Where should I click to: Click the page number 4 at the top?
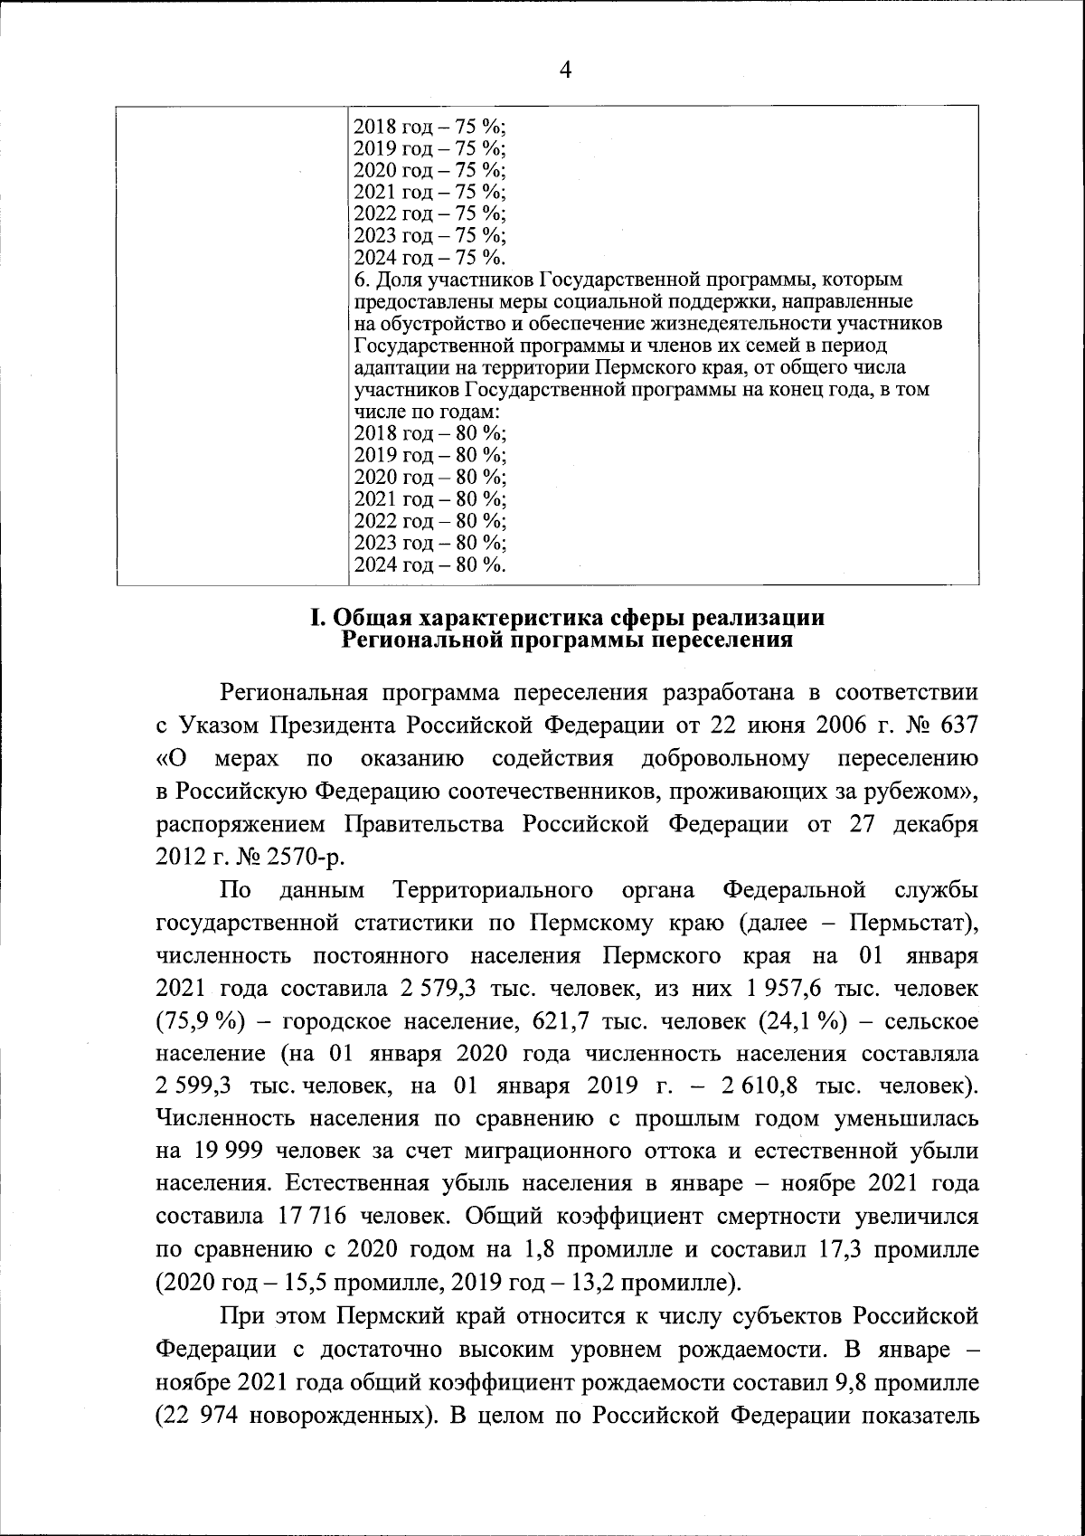point(566,70)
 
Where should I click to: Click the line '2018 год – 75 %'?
point(429,127)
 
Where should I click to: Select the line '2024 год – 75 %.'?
point(429,257)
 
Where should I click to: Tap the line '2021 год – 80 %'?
point(429,499)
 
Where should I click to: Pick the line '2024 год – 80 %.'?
point(429,565)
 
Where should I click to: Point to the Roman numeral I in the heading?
point(316,619)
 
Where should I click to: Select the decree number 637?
point(955,725)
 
